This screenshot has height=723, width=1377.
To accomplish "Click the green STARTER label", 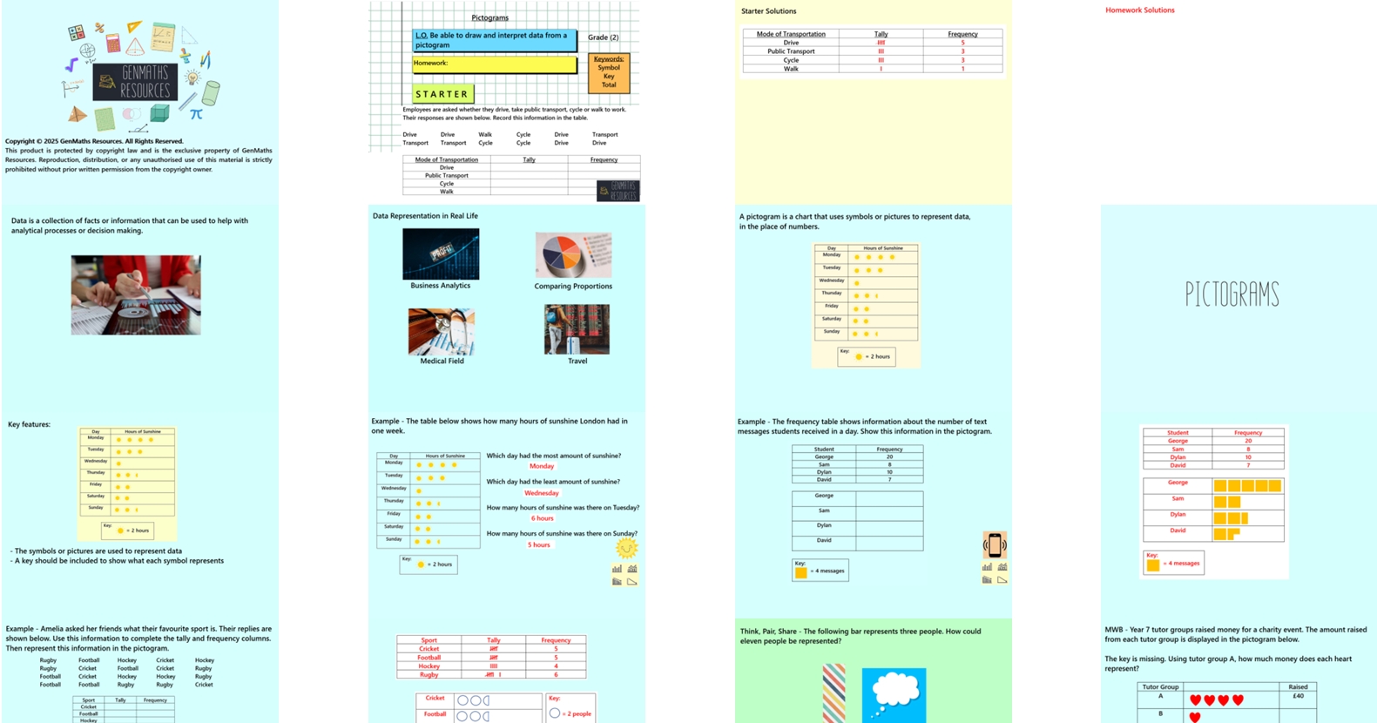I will (x=442, y=94).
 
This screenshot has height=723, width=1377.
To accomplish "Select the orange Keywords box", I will (x=609, y=72).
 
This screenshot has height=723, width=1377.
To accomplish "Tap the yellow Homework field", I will (x=494, y=64).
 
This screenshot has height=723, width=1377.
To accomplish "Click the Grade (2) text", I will (x=603, y=37).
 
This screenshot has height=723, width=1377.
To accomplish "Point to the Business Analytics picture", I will (x=441, y=253).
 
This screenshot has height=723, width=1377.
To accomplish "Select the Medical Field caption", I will (x=442, y=361).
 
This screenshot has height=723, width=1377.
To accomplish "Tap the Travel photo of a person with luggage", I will (x=577, y=329).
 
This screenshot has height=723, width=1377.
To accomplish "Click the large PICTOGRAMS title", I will (x=1232, y=295).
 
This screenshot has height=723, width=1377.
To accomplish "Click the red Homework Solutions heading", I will (x=1139, y=10).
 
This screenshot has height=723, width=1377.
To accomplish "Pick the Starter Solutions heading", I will (x=768, y=11).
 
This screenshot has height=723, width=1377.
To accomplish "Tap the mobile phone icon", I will (x=995, y=545).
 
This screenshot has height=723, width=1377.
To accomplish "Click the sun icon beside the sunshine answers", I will (x=626, y=547).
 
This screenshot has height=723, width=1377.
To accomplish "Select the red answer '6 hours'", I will (x=542, y=518).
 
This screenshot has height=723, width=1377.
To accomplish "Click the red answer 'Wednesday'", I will (x=541, y=493).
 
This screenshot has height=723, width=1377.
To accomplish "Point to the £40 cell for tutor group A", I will (x=1298, y=696).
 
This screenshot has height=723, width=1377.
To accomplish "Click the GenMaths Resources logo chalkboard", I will (x=135, y=83).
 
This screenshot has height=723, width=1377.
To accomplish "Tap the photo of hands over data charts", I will (x=136, y=295).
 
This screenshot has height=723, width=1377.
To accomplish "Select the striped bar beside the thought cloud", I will (x=834, y=693).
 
